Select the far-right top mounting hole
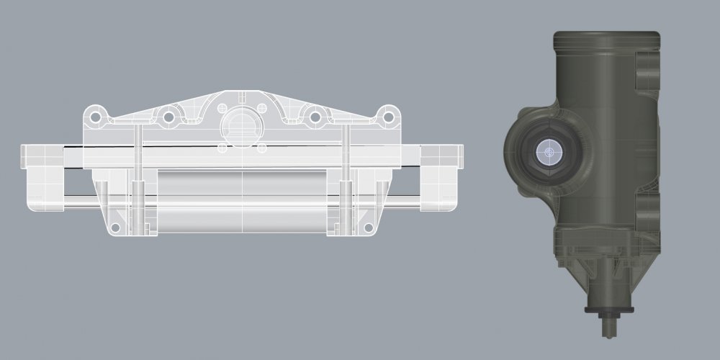[388, 113]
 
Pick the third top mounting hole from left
[315, 116]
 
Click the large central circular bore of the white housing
[241, 123]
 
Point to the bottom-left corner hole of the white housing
[114, 229]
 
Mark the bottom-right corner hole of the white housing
[369, 229]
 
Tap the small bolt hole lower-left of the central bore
[222, 148]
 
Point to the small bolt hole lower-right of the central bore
[261, 148]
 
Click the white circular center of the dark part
[549, 153]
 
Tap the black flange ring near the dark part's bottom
[609, 310]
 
